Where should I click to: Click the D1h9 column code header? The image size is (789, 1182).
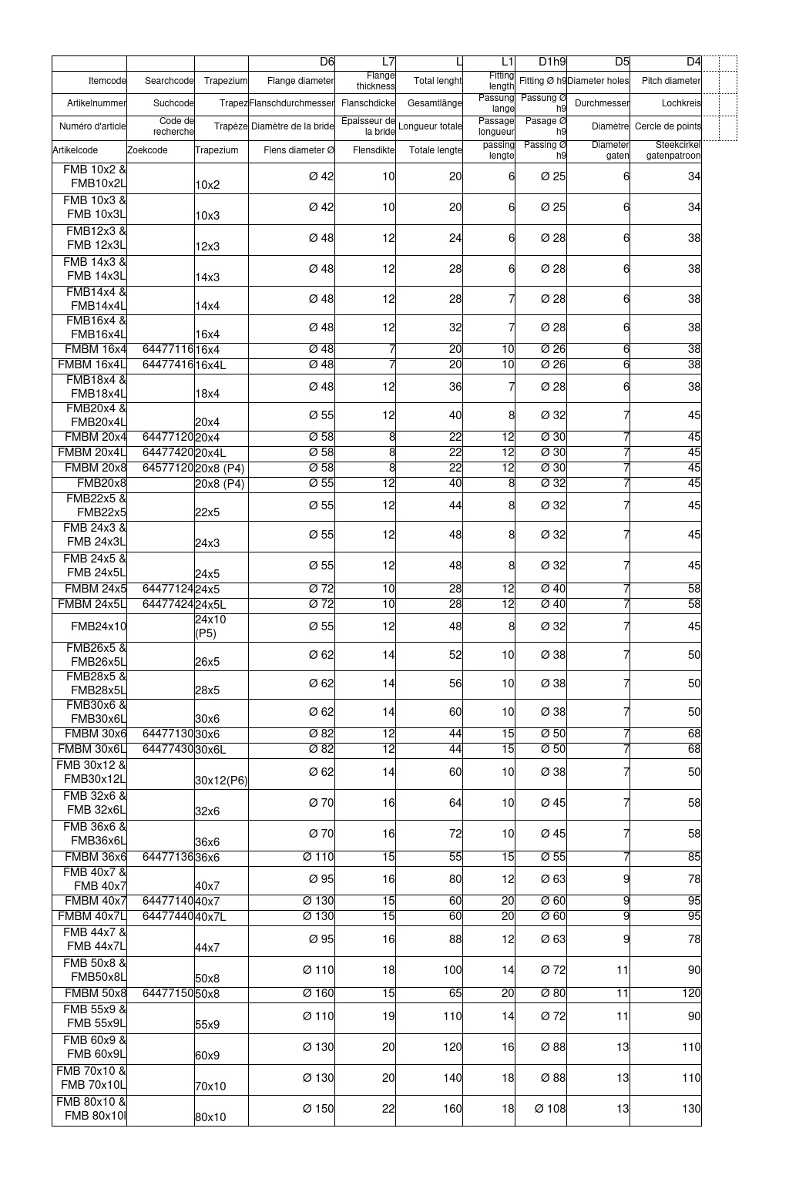coord(552,62)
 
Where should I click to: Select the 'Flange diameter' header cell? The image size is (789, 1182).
coord(300,81)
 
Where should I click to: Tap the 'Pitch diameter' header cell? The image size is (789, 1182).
coord(670,81)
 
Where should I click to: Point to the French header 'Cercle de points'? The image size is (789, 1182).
coord(667,126)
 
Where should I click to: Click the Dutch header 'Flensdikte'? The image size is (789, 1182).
coord(374,150)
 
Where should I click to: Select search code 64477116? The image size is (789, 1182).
coord(167,349)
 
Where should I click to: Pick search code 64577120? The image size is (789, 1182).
coord(167,468)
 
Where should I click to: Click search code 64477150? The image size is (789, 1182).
coord(167,993)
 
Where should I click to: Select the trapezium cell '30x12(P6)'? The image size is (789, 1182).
coord(221,780)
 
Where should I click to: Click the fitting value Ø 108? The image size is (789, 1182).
coord(550,1109)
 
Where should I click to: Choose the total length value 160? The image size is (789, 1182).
coord(452,1109)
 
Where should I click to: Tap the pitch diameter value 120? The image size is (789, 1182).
coord(691,993)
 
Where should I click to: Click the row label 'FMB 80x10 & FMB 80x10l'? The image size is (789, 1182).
coord(92,1109)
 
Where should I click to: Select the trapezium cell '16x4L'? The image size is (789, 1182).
coord(210,365)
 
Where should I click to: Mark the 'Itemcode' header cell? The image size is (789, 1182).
coord(107,81)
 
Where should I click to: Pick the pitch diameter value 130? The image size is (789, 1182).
coord(691,1109)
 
